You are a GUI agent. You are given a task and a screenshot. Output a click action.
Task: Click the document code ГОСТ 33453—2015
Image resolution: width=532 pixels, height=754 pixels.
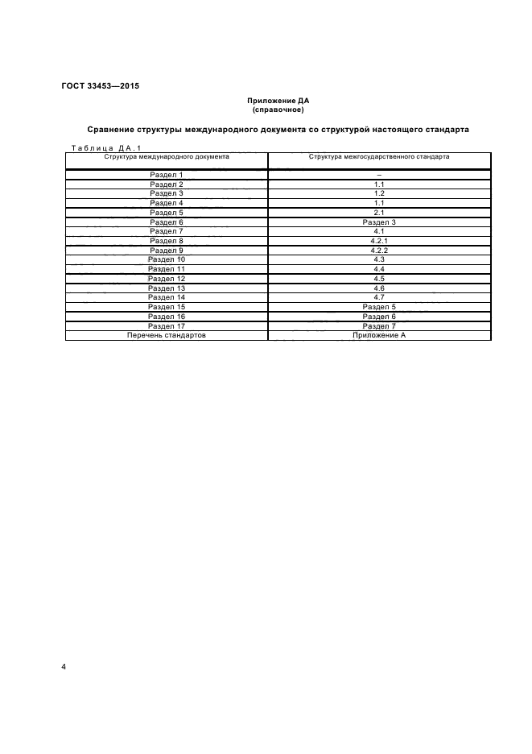(100, 85)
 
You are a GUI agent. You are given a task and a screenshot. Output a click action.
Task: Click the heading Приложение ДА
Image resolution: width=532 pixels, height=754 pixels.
(278, 101)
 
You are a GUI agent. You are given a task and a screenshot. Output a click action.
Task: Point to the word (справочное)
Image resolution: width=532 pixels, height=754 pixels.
(278, 109)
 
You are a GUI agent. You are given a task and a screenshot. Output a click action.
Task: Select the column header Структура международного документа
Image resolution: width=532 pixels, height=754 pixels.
(167, 156)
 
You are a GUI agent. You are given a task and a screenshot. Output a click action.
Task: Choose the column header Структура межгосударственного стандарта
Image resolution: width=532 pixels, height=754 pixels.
(379, 156)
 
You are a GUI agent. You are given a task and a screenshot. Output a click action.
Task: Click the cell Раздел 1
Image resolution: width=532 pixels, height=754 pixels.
(167, 175)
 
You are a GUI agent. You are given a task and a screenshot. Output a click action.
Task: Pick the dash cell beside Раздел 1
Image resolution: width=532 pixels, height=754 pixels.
(379, 175)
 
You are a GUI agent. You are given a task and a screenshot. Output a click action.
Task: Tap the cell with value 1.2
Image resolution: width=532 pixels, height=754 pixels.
(379, 193)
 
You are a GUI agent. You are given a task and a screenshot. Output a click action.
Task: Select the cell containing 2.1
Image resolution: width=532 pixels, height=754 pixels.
(379, 213)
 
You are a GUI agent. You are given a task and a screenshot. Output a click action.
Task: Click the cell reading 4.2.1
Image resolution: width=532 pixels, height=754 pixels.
(379, 241)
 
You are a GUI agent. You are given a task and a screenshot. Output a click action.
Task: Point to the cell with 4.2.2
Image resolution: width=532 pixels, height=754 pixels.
(379, 250)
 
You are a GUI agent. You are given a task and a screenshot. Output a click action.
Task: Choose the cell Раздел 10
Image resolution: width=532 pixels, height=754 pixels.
(167, 259)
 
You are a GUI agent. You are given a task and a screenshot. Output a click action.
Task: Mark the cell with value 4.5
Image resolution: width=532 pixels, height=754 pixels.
(379, 278)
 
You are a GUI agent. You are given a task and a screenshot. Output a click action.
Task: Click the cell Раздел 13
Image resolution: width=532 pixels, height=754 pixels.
(167, 288)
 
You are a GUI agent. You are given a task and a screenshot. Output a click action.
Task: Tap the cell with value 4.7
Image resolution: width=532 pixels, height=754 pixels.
(379, 297)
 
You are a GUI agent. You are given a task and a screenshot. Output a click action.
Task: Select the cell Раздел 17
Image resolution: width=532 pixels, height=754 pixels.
(167, 325)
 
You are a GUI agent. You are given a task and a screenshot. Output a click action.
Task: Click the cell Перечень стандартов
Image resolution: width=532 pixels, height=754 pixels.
(167, 335)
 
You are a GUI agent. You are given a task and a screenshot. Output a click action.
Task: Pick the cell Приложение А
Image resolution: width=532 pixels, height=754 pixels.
(379, 335)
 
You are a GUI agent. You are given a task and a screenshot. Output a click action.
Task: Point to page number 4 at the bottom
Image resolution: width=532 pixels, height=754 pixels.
(64, 668)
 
